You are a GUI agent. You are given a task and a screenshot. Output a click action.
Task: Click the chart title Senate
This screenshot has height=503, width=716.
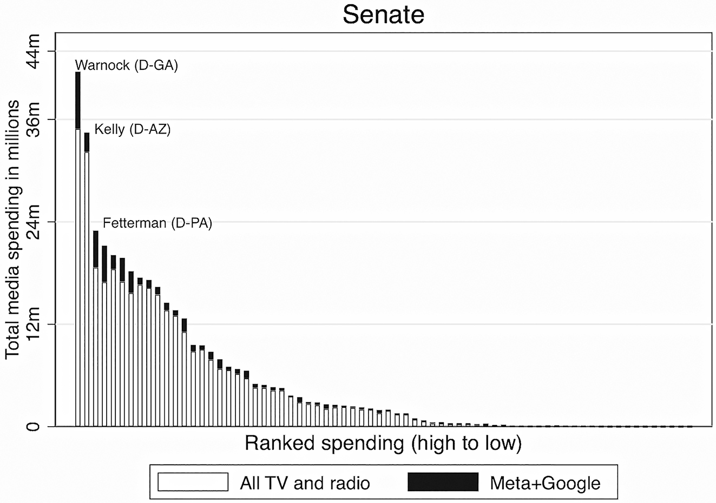click(383, 15)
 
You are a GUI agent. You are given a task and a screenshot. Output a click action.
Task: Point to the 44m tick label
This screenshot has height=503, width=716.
click(33, 51)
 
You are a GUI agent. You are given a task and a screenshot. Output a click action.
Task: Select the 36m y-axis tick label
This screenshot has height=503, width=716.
click(33, 120)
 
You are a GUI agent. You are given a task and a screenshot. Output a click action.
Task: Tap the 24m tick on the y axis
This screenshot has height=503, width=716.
click(33, 222)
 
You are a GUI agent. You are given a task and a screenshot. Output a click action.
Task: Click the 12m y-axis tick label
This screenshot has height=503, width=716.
click(33, 324)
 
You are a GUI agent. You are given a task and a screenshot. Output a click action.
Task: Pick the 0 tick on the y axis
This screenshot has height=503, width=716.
click(33, 426)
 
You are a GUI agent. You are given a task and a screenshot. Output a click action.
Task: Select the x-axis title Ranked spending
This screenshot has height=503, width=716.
click(383, 444)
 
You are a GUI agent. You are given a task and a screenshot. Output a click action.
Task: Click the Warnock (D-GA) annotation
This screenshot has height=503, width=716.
click(126, 65)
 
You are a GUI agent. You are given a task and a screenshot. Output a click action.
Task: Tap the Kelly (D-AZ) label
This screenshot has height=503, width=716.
click(133, 129)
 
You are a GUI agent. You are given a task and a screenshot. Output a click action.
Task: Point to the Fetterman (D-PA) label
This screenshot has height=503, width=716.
click(157, 223)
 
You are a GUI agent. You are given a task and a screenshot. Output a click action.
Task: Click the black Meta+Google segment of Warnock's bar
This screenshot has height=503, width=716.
click(78, 100)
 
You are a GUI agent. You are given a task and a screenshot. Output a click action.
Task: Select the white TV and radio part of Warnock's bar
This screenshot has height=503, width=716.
click(78, 276)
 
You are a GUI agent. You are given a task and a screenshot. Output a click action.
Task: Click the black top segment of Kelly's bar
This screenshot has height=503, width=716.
click(87, 142)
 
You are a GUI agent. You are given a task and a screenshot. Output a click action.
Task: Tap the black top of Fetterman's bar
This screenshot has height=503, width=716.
click(96, 249)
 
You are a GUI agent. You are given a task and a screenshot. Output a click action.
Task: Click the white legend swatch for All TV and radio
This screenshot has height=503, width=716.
click(193, 482)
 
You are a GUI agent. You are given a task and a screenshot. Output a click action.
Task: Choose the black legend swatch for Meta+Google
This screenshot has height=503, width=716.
click(443, 482)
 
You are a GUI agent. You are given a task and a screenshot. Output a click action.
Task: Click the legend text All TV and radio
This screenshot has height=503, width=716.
click(305, 482)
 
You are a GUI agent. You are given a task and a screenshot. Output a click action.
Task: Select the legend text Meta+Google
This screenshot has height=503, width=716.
click(545, 482)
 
